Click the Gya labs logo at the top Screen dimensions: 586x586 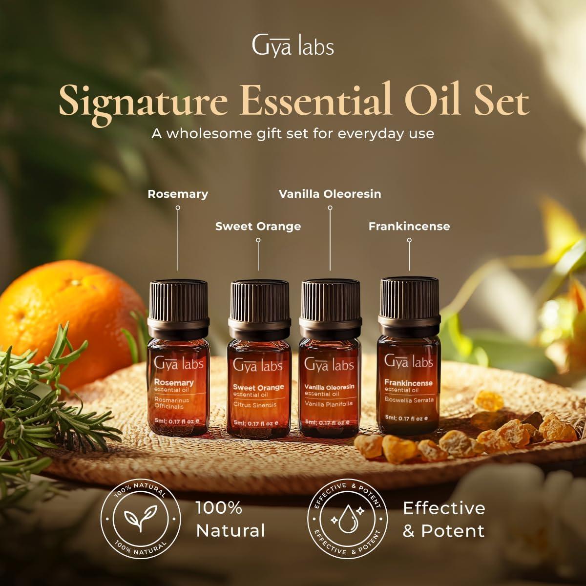pyautogui.click(x=293, y=46)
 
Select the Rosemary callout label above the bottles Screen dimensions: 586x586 pyautogui.click(x=178, y=194)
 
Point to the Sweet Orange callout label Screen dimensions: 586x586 pyautogui.click(x=258, y=226)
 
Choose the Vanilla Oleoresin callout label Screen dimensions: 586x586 pyautogui.click(x=330, y=194)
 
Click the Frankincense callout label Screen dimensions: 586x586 pyautogui.click(x=409, y=226)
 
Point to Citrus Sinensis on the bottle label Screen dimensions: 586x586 pyautogui.click(x=254, y=405)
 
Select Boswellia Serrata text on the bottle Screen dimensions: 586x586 pyautogui.click(x=409, y=400)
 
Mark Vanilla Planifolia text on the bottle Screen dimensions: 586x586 pyautogui.click(x=328, y=404)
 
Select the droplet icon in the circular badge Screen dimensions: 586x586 pyautogui.click(x=347, y=520)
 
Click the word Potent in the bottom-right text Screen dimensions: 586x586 pyautogui.click(x=453, y=531)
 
